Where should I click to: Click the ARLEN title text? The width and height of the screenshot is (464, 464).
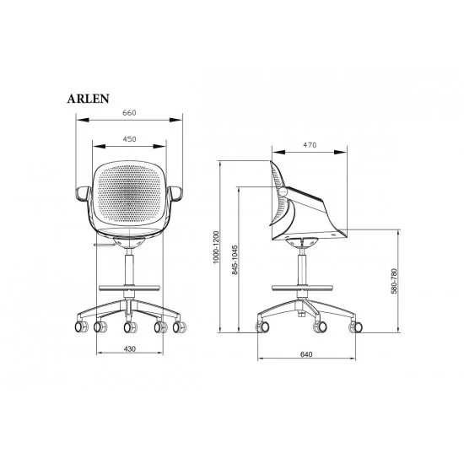[89, 99]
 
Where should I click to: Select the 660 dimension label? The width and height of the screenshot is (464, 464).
[129, 113]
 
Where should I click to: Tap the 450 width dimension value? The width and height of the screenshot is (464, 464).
[129, 139]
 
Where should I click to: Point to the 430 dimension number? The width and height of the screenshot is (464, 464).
[130, 349]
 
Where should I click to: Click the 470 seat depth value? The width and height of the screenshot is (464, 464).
[310, 145]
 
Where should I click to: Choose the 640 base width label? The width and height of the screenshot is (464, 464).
[306, 354]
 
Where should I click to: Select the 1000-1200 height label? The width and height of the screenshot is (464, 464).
[216, 247]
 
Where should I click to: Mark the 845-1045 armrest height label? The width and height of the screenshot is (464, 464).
[235, 260]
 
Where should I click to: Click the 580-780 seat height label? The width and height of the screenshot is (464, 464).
[394, 281]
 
